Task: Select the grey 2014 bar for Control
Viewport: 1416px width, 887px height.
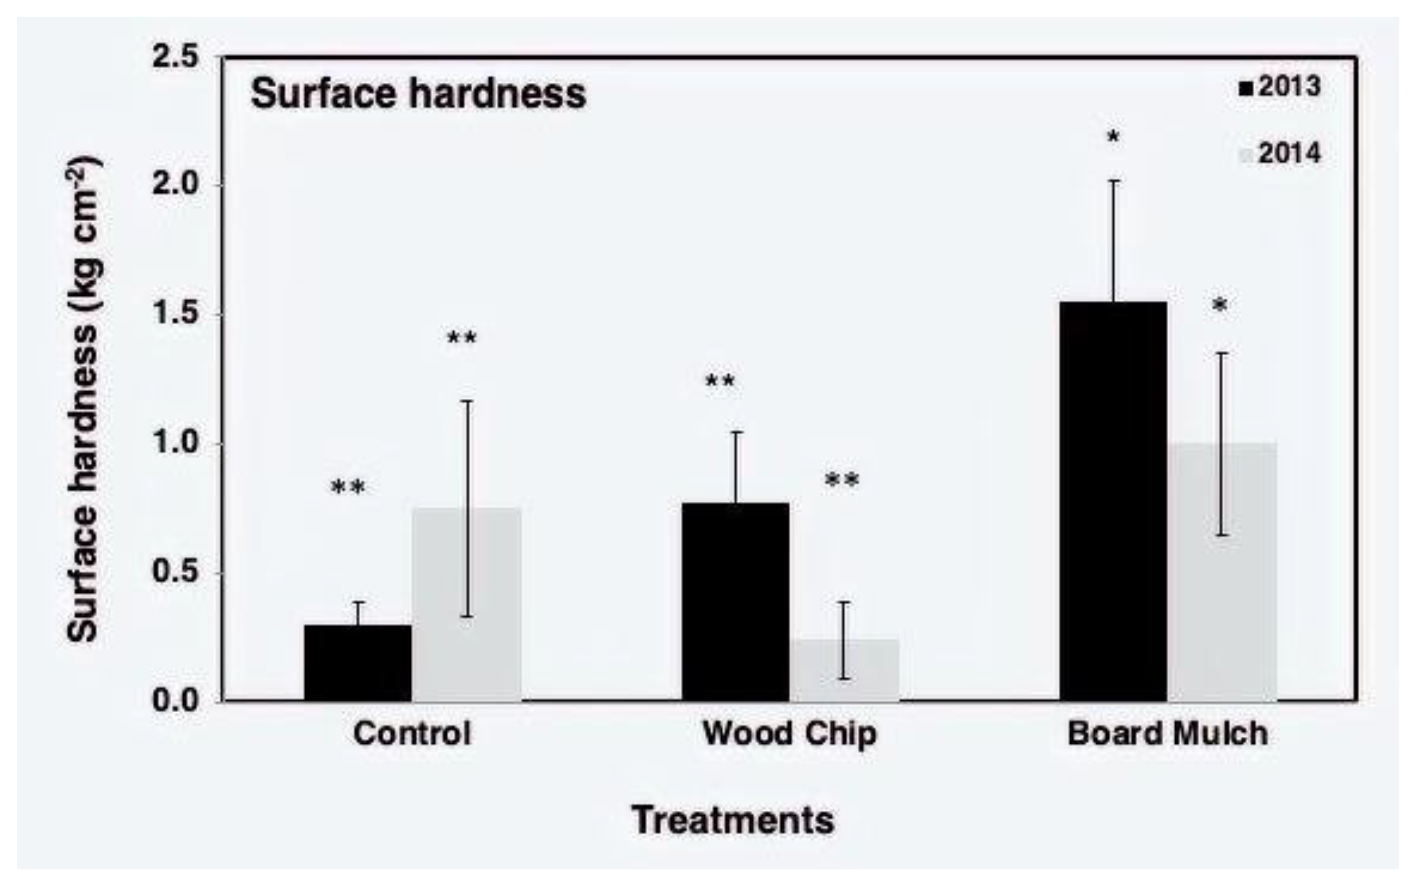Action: coord(466,604)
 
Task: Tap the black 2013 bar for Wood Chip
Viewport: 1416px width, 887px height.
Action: coord(735,601)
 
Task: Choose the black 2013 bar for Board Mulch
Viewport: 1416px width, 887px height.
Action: coord(1113,502)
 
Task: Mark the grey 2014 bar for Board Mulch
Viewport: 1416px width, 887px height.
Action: coord(1222,572)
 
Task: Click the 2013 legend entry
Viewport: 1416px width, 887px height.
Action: coord(1279,87)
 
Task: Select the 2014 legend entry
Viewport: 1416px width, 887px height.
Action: coord(1279,154)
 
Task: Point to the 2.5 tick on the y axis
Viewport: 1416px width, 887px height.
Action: coord(176,57)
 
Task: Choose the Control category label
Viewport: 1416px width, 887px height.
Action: coord(412,733)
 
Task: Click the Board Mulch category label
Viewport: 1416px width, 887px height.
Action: coord(1167,733)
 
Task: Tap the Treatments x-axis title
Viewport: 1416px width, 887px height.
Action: coord(733,820)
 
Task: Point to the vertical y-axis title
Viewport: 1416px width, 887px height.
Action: coord(83,399)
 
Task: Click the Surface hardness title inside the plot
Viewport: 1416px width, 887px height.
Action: coord(418,94)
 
